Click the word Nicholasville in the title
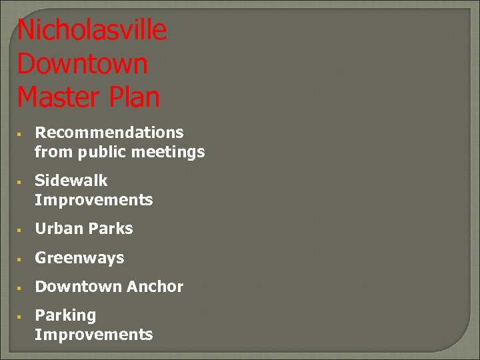coord(92,31)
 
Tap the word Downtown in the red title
coord(83,64)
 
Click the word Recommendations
coord(109,133)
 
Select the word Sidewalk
coord(71,181)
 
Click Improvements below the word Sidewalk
coord(94,200)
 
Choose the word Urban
coord(58,229)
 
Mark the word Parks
coord(109,229)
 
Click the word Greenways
coord(79,258)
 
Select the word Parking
coord(65,315)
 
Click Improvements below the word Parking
coord(94,335)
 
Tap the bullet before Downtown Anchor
coord(21,287)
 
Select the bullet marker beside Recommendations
coord(21,133)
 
